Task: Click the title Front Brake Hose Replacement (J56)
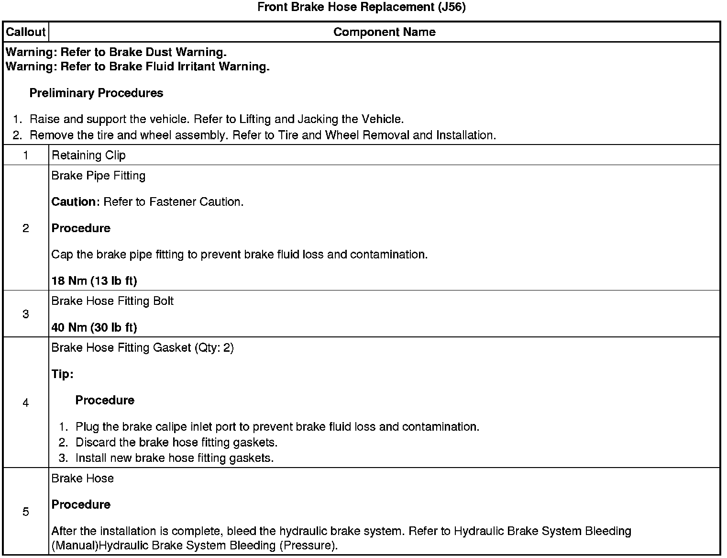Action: [361, 7]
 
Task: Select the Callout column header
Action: [25, 32]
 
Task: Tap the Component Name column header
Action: [384, 32]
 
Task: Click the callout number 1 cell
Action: [25, 155]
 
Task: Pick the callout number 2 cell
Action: [25, 228]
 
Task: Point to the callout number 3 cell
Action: [25, 314]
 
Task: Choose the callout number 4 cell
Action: [25, 403]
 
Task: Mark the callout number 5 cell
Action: [25, 512]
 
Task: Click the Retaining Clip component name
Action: [88, 155]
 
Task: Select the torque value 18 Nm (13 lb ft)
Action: [94, 280]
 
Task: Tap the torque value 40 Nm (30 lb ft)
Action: [94, 327]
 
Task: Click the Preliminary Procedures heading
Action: [96, 93]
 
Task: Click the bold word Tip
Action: [62, 374]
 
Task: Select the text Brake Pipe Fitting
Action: [98, 176]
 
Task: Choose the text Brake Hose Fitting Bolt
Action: [112, 301]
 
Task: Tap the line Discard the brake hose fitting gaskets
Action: [176, 442]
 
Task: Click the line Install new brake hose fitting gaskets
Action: [175, 458]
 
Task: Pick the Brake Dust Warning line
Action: [116, 52]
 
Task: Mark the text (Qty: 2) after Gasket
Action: [214, 348]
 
